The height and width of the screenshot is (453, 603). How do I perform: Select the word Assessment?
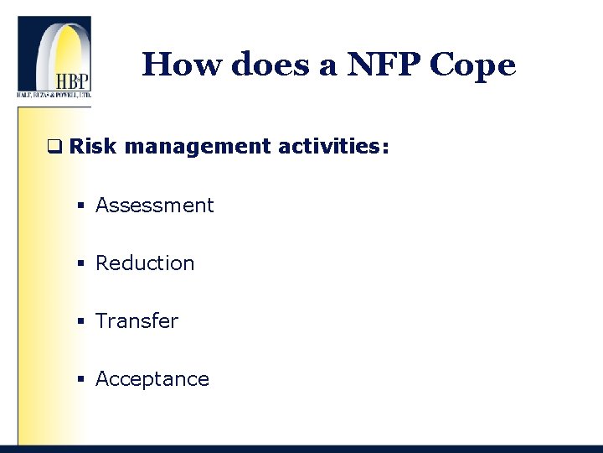click(155, 206)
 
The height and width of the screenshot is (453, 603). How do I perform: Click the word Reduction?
click(145, 263)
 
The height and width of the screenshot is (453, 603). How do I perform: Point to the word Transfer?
click(137, 321)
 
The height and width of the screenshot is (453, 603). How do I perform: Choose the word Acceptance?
click(152, 379)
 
